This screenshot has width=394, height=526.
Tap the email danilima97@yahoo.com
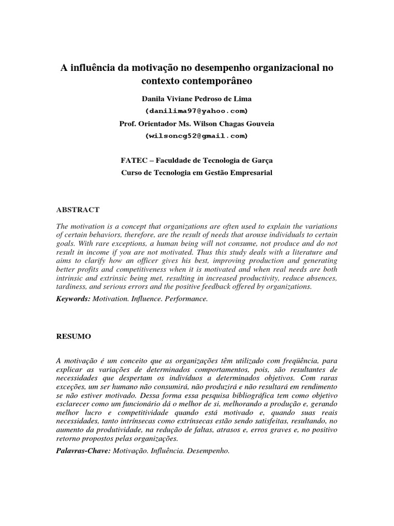[x=196, y=111]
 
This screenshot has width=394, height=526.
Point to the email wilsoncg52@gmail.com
[x=196, y=136]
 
